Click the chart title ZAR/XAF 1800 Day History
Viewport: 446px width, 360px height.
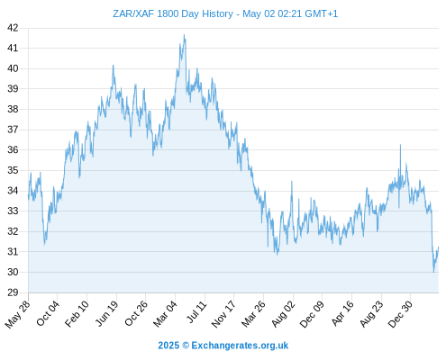(173, 13)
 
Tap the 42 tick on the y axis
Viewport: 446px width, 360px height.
(13, 28)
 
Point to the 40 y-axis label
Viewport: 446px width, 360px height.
(13, 68)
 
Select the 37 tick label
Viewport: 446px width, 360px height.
(13, 130)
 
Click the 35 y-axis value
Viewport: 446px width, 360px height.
(13, 170)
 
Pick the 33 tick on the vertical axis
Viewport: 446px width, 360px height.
(13, 211)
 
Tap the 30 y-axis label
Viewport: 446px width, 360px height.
(13, 272)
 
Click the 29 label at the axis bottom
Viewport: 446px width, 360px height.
(13, 292)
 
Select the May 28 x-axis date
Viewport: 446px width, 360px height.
(18, 314)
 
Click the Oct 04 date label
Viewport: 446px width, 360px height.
(48, 313)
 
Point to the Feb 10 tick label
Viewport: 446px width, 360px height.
(77, 313)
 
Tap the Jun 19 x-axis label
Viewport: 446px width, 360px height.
(107, 313)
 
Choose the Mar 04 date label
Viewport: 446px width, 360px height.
(166, 314)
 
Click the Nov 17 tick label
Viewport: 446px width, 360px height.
(224, 314)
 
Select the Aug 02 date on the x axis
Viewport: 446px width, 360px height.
(284, 314)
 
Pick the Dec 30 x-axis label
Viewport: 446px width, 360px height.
(400, 314)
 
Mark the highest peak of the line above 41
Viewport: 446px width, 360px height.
(184, 35)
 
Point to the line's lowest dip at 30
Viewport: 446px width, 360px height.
(433, 272)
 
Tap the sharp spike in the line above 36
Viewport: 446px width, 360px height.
(400, 145)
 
